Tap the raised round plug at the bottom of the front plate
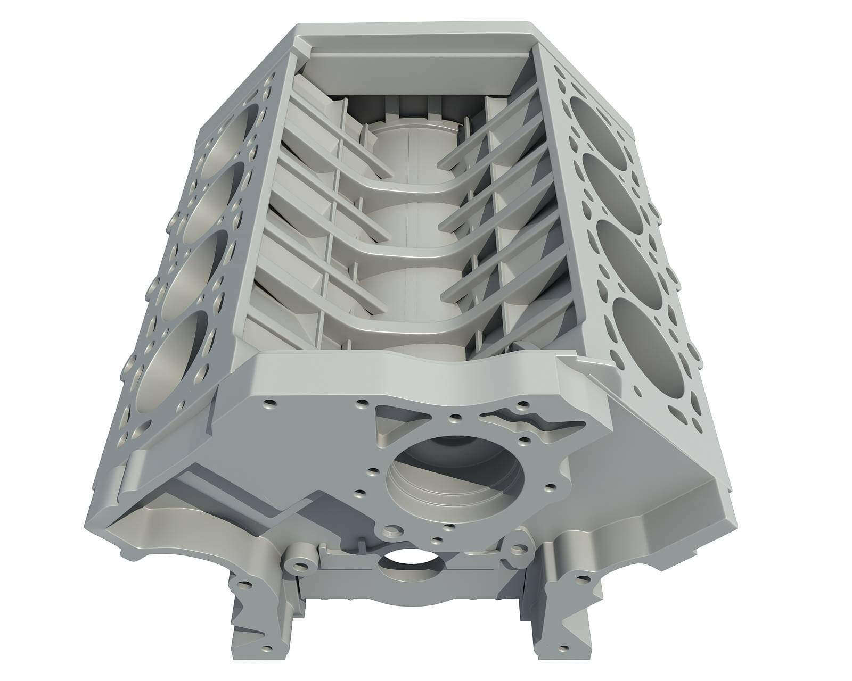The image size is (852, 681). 392,531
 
